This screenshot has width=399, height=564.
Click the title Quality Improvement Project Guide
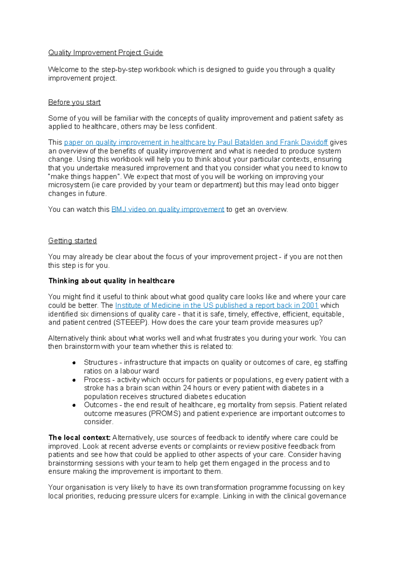click(105, 52)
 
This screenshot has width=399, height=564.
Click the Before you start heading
click(74, 102)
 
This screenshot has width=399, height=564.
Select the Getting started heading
click(72, 241)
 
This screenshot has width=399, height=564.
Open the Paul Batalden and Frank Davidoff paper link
click(196, 142)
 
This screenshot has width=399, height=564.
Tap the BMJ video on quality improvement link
click(168, 210)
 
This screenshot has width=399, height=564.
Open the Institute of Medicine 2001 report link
click(217, 306)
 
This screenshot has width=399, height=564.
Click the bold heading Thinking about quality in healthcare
click(111, 281)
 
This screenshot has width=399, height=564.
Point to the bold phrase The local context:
click(79, 438)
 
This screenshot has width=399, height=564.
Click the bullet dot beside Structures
click(74, 363)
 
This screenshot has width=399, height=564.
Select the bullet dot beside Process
click(74, 380)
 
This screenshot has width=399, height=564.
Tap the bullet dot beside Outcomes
click(74, 405)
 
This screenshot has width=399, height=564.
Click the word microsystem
click(69, 185)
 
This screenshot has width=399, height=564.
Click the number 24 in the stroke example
click(187, 388)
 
